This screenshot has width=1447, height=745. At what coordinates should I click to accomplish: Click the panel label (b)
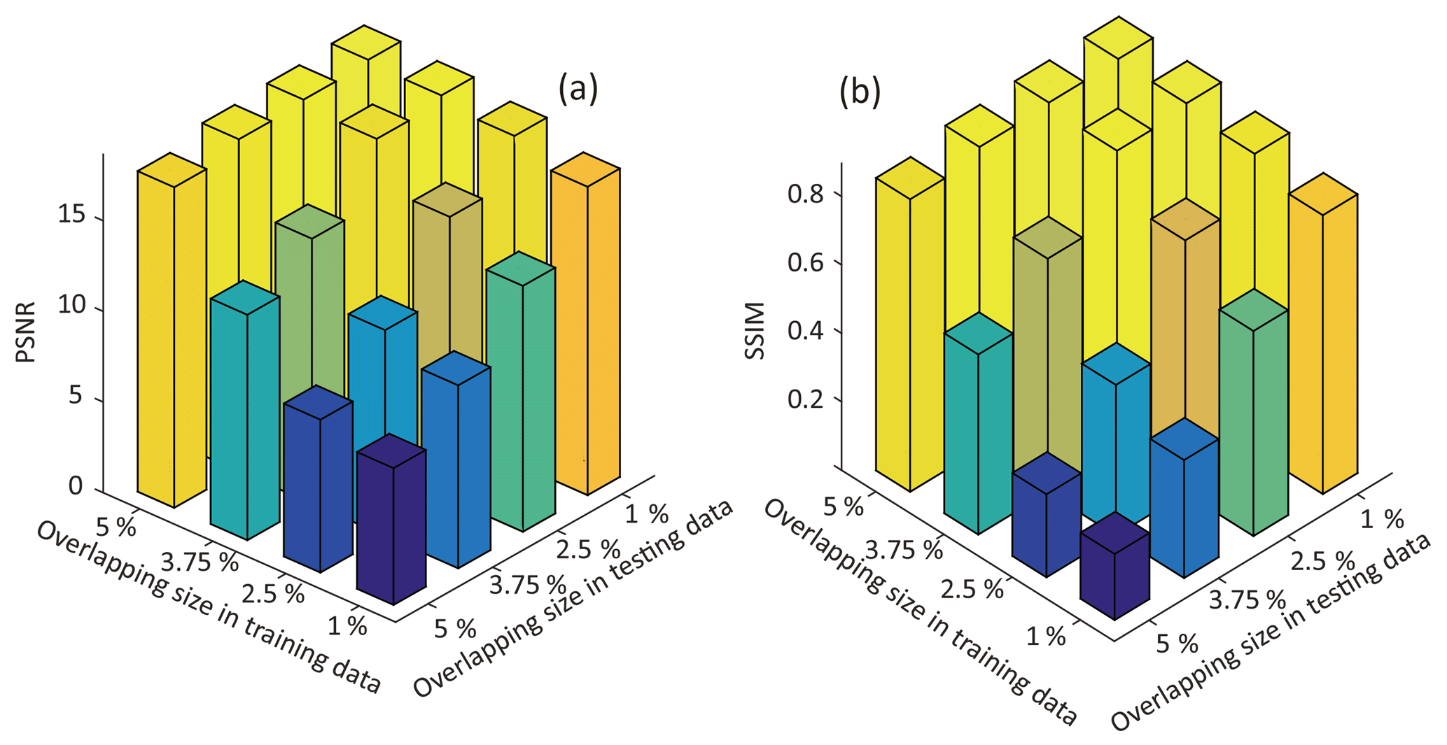(x=860, y=94)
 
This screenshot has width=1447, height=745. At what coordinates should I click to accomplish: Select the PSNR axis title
(x=26, y=335)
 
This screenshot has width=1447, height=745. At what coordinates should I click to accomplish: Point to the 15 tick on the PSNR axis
(x=72, y=215)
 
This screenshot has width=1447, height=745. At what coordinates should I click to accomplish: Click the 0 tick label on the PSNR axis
(x=76, y=486)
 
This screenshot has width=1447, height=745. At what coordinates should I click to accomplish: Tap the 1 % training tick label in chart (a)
(x=347, y=625)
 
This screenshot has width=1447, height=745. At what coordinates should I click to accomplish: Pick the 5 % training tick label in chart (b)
(x=843, y=505)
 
